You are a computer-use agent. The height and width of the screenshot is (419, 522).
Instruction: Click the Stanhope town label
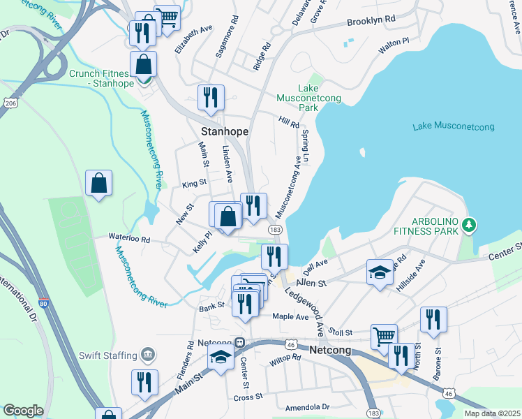225,131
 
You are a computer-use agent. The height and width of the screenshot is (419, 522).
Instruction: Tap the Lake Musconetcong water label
453,126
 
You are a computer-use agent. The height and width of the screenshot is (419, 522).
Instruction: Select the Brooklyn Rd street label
371,21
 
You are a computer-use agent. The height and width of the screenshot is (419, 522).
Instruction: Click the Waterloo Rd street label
128,238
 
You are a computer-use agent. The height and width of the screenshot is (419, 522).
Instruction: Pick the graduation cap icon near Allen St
380,272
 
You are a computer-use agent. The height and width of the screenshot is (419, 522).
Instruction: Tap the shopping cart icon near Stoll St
384,336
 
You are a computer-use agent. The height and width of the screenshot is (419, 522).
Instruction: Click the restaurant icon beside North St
433,319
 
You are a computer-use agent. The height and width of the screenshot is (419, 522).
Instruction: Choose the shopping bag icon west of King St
98,183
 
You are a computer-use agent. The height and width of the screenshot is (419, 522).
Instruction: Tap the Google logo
23,411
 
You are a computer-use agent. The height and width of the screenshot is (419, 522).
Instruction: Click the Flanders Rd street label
189,354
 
